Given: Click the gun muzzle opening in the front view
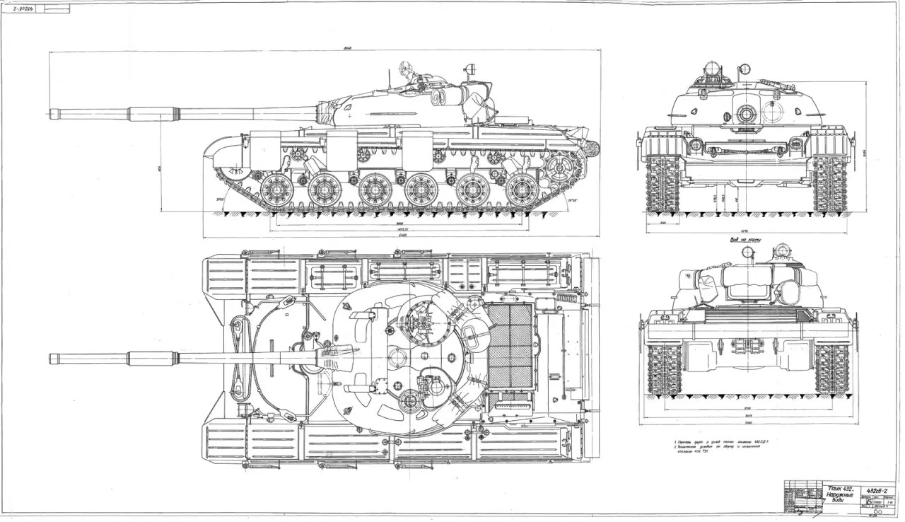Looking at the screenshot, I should tap(747, 113).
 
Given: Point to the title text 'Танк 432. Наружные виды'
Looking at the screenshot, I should tap(842, 492).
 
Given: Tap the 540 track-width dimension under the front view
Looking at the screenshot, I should tap(663, 222).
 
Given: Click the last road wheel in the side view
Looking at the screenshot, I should tap(522, 190).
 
